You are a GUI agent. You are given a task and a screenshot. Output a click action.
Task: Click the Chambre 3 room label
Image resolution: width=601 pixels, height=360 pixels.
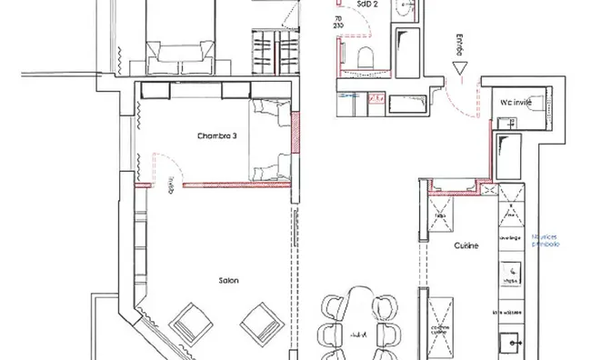point(217,136)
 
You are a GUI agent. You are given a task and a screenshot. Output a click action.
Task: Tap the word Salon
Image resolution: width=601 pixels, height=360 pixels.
point(228,280)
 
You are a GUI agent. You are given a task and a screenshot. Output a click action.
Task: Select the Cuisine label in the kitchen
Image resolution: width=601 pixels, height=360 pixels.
point(466,245)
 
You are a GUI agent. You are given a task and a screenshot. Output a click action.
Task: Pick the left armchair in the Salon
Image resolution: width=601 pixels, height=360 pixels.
point(190,320)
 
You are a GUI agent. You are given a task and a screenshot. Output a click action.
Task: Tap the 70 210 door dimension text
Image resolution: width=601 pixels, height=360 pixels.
point(339,23)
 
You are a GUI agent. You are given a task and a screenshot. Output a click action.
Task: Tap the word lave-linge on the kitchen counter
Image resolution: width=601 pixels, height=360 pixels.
point(503,237)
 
